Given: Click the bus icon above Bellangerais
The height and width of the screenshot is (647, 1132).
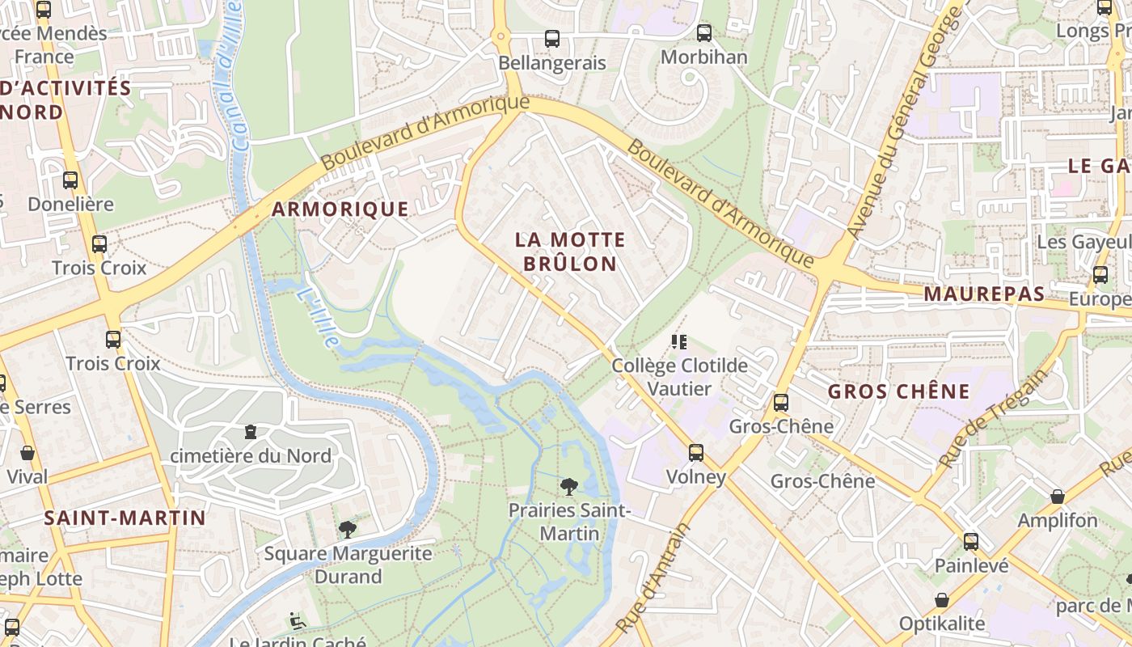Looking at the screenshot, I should pos(552,38).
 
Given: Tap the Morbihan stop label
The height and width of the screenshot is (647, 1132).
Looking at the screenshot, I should pos(703,57).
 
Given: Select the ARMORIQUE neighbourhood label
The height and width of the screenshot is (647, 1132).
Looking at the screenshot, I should pos(340,209).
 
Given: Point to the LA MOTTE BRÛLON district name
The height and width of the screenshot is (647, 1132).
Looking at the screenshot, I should pos(570,252).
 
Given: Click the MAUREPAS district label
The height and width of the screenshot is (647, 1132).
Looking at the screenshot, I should pos(984,294).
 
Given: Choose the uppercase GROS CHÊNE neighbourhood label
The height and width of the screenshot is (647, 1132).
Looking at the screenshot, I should pos(898,392).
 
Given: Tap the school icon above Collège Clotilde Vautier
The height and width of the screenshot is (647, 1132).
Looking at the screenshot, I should pos(678,342).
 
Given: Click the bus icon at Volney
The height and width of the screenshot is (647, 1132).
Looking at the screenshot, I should pos(696,453).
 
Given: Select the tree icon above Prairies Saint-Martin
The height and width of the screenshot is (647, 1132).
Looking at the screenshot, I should pos(569,486).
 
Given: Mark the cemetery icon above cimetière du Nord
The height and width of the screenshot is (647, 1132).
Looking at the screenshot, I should pos(251,433).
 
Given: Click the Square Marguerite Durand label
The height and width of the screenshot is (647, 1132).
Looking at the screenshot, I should pos(348,565).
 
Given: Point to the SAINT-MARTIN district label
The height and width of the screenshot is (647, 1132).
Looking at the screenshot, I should pos(125,518).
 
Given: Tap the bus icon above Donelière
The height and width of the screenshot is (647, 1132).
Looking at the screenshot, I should pos(70,180).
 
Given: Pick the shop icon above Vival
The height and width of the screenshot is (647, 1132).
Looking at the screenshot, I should pos(27,453).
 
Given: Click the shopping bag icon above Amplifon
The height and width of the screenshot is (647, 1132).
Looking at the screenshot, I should pos(1057,497).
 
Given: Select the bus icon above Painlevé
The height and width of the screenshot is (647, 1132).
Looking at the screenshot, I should pos(971,542).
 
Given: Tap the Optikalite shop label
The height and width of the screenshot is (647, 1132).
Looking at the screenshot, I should pos(942,624).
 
